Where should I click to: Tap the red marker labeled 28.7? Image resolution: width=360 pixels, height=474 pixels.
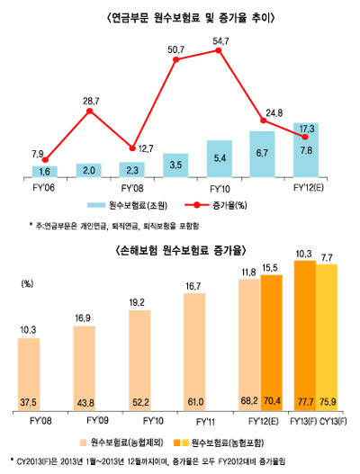click(89, 112)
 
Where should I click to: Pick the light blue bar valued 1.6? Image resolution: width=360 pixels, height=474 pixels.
click(45, 171)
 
